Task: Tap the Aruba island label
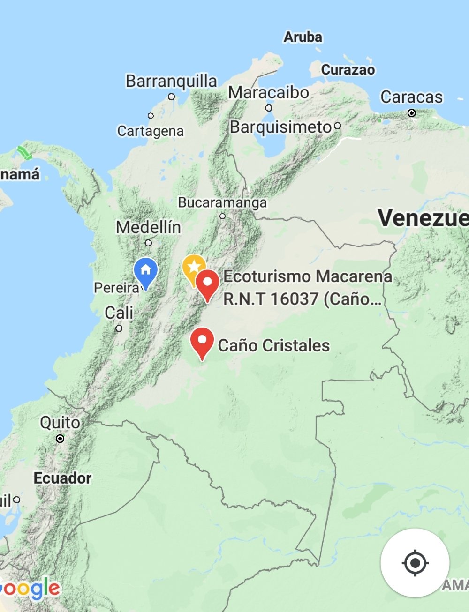coord(303,37)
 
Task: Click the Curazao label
coord(348,70)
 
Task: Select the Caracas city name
coord(411,97)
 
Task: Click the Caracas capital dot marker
coord(412,113)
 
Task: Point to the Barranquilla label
coord(171,81)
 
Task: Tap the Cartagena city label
coord(150,131)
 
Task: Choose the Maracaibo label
coord(269,92)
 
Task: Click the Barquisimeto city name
coord(280,127)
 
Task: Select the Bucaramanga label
coord(222,202)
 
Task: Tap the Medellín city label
coord(148,227)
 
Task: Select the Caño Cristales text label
coord(274,345)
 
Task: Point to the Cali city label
coord(119,313)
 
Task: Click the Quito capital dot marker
coord(60,439)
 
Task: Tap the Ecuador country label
coord(62,478)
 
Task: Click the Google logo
coord(30,589)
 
